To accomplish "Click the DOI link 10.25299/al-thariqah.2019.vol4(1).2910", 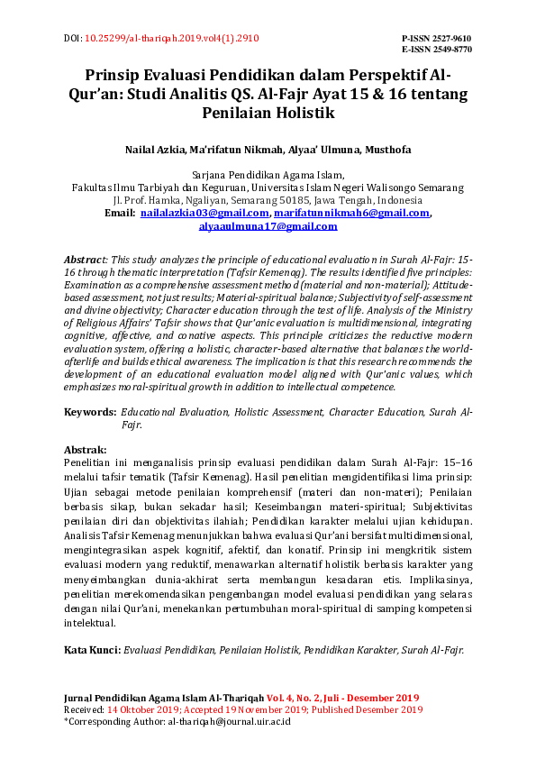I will pos(171,39).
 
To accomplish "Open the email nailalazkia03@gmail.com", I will pos(205,213).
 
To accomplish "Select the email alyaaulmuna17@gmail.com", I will pos(268,226).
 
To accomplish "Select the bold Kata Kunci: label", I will pos(93,649).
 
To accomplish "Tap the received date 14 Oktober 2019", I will pos(146,709).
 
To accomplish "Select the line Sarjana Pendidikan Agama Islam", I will pos(268,174).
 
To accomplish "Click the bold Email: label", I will pos(120,213).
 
